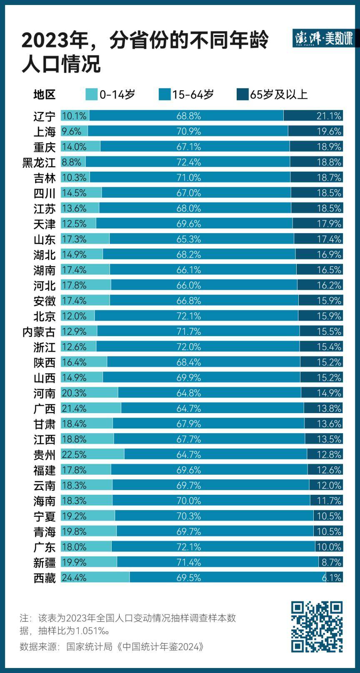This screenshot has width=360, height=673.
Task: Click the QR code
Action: (x=317, y=626)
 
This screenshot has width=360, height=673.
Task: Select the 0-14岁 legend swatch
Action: (x=91, y=95)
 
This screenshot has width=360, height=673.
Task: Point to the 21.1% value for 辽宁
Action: (x=329, y=116)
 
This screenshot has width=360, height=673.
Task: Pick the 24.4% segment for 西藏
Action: (x=95, y=578)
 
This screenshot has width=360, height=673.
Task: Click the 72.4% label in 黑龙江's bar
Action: (x=188, y=162)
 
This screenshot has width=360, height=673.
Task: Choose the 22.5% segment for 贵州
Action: (x=92, y=454)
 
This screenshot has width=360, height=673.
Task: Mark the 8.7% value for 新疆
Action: (x=331, y=562)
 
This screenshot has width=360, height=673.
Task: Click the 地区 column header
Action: (x=44, y=95)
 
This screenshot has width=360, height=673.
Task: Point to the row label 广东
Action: (x=44, y=547)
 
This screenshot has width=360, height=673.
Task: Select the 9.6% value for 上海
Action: (x=71, y=131)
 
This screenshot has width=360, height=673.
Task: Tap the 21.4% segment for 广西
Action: (x=91, y=408)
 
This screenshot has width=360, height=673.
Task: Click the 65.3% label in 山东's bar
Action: (x=188, y=239)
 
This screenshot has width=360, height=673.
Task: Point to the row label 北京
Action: (x=44, y=317)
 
